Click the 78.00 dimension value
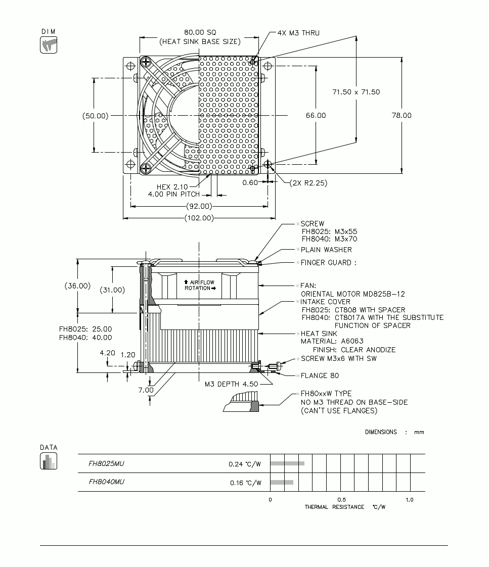point(402,115)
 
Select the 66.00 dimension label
point(316,115)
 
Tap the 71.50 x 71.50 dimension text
point(356,92)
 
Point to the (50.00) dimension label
point(95,116)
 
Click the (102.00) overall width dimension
point(199,218)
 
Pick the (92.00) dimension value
point(199,206)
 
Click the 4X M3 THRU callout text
point(298,33)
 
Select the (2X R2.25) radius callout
point(308,183)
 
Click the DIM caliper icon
point(49,45)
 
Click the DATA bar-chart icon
point(49,461)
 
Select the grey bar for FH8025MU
point(287,463)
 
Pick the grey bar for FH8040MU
point(282,482)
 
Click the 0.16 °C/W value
point(246,483)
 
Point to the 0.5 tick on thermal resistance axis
point(342,500)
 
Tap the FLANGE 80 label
point(320,375)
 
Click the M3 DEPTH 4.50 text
point(231,384)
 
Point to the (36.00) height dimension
point(77,286)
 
